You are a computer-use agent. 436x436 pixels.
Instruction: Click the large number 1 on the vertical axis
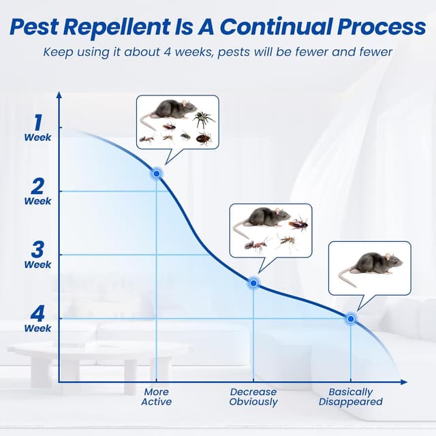click(37, 123)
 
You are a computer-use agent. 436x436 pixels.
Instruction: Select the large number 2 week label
click(37, 185)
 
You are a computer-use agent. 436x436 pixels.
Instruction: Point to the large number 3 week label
click(37, 249)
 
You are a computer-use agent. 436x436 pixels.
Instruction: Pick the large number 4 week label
click(37, 313)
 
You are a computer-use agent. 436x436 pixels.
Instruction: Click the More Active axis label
click(157, 396)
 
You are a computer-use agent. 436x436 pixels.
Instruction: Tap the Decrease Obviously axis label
click(253, 396)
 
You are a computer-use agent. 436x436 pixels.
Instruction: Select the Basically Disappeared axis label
click(351, 396)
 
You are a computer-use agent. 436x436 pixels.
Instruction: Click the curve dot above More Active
click(157, 174)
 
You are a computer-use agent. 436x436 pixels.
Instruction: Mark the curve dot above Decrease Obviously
click(253, 282)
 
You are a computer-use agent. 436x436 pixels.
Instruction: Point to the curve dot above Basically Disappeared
click(351, 318)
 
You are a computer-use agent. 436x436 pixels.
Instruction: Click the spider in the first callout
click(202, 119)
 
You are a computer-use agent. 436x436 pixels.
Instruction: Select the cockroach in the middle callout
click(298, 223)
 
